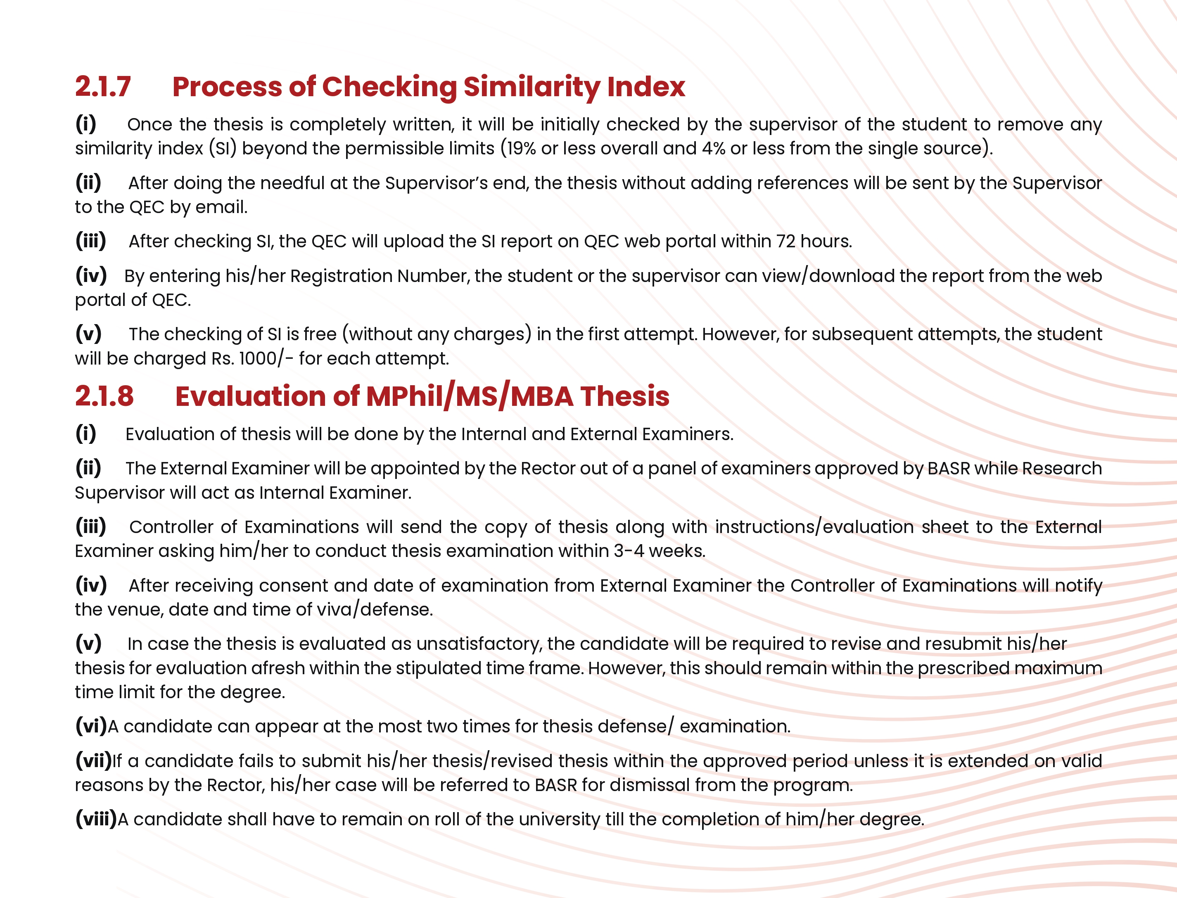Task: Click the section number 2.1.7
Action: [x=103, y=87]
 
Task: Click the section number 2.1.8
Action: [x=104, y=396]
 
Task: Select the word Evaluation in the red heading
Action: [x=251, y=396]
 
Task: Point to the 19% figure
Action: [x=521, y=148]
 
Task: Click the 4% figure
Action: [x=713, y=148]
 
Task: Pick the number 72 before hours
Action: [x=786, y=242]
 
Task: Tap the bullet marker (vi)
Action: [x=91, y=726]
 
